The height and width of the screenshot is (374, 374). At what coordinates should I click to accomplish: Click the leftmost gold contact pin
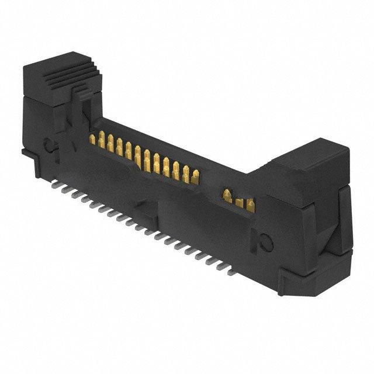(x=93, y=139)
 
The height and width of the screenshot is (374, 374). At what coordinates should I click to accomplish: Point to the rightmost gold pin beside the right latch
(x=251, y=205)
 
